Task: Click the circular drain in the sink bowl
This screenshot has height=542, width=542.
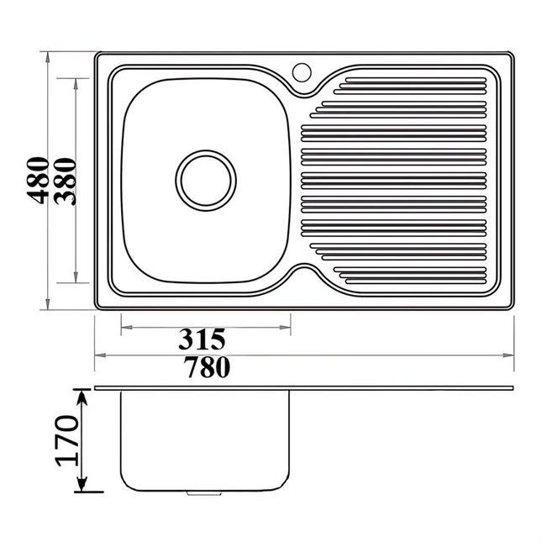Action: click(x=206, y=179)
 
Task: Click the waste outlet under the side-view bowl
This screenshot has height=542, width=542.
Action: click(x=200, y=493)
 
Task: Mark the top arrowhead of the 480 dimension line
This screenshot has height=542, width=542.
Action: click(x=48, y=57)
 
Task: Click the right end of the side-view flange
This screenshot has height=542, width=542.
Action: click(x=513, y=387)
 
